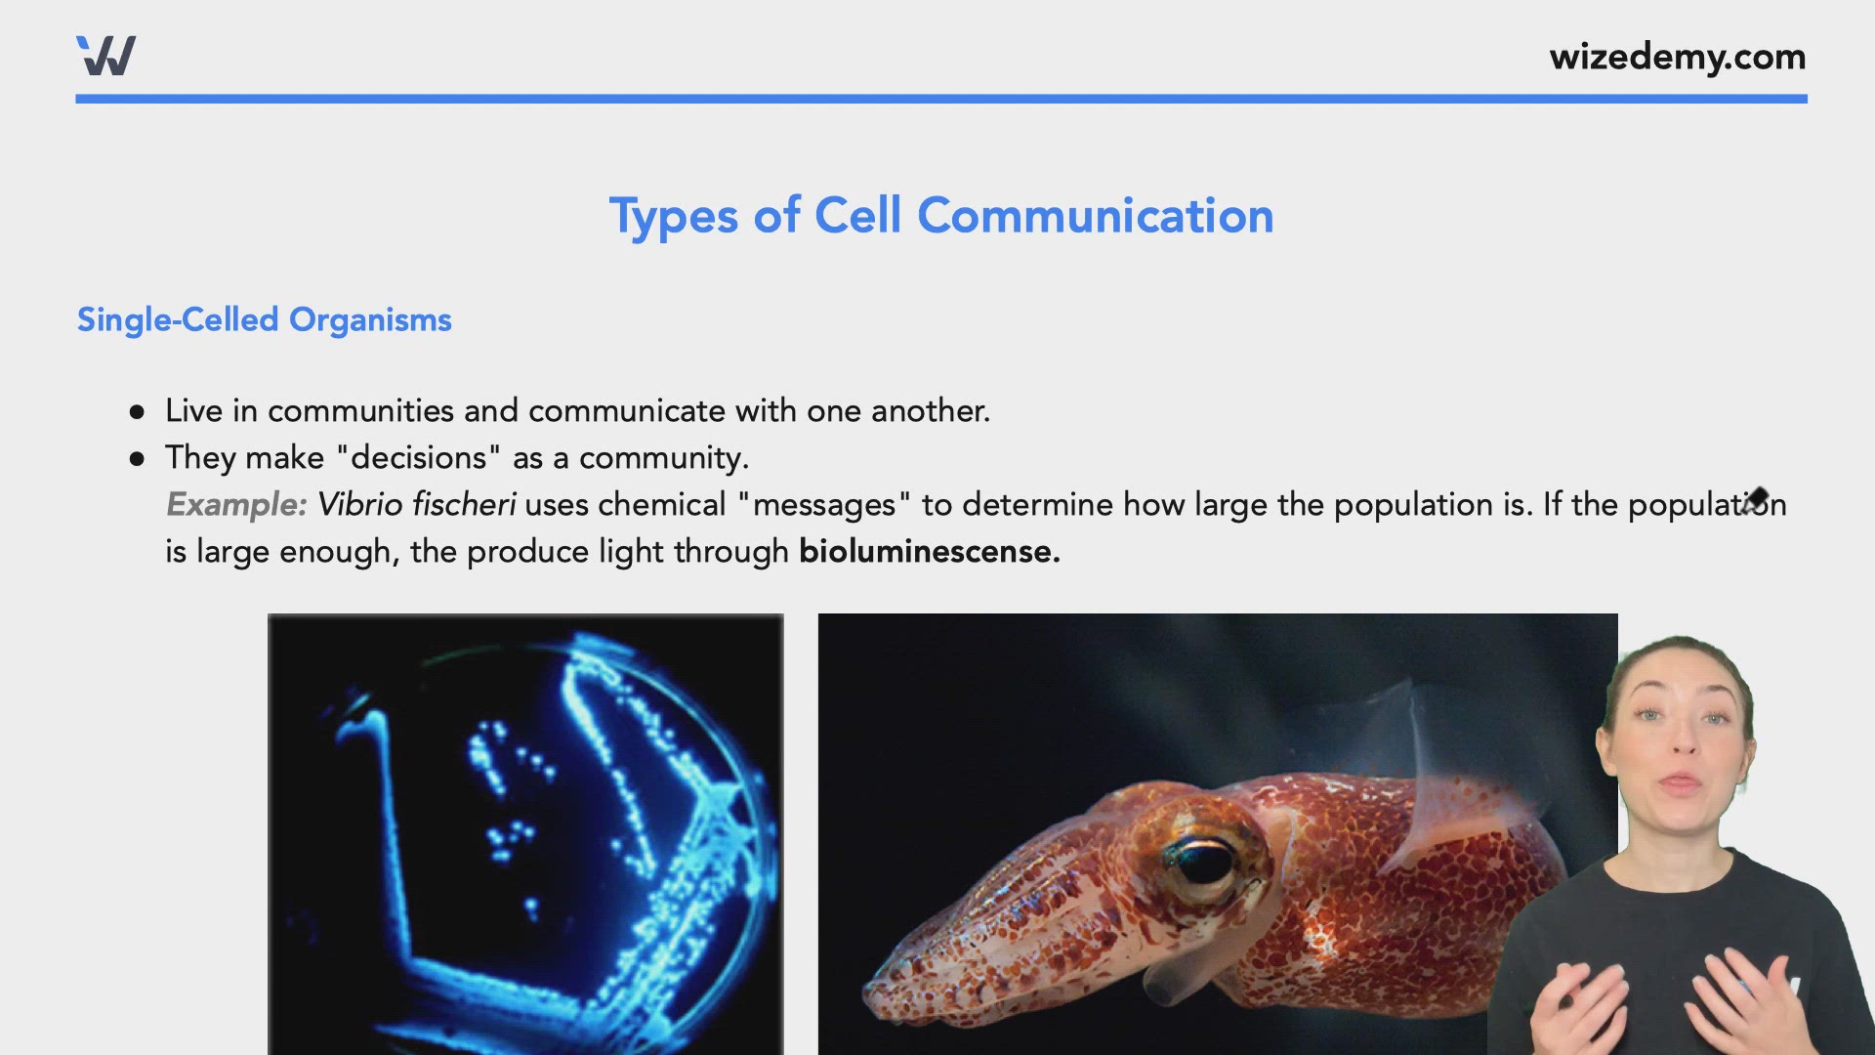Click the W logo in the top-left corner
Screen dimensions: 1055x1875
click(105, 56)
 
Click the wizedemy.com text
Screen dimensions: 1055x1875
click(1677, 57)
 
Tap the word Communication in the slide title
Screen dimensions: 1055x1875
click(1095, 216)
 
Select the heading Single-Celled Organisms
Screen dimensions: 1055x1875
click(264, 320)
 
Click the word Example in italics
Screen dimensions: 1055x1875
click(235, 505)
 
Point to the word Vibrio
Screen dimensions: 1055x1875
click(359, 505)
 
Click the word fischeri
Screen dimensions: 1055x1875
click(464, 505)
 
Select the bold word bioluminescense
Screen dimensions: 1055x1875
click(929, 552)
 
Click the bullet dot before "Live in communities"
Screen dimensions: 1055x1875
click(137, 412)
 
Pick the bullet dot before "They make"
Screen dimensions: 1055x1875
click(137, 459)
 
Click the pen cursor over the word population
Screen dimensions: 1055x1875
click(1755, 500)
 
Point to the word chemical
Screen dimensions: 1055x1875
click(661, 505)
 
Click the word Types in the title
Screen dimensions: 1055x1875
click(673, 217)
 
